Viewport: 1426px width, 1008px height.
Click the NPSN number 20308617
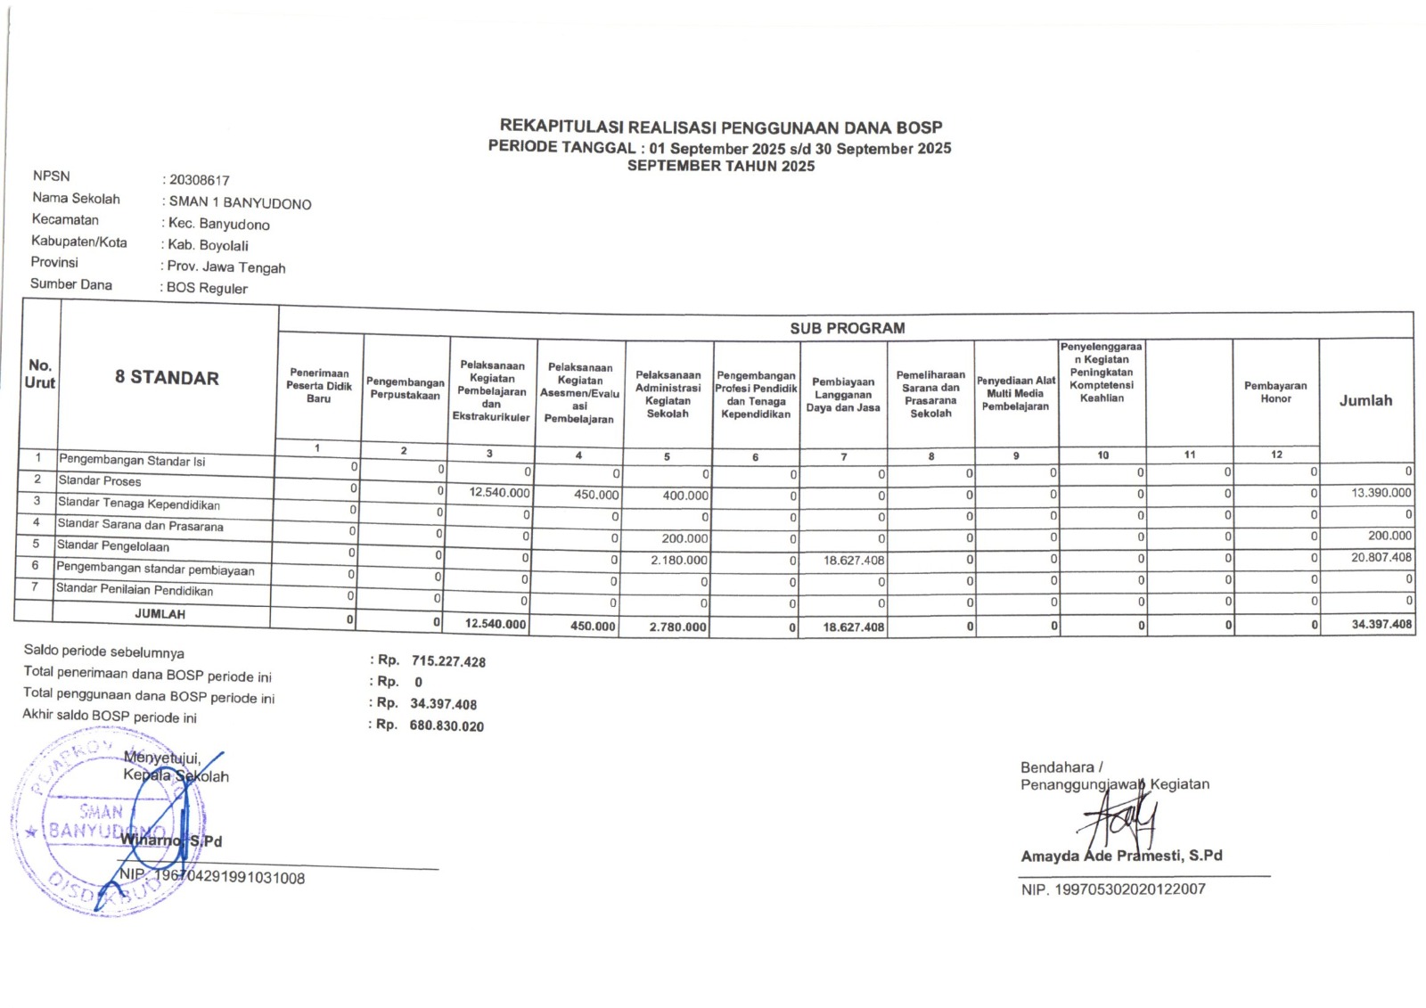coord(200,180)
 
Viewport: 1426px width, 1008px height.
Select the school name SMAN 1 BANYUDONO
coord(241,203)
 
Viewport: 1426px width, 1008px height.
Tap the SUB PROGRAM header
coord(847,328)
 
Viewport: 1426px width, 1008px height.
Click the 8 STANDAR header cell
coord(167,378)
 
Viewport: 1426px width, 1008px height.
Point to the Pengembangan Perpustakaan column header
coord(406,389)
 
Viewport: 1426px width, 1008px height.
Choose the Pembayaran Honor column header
coord(1275,392)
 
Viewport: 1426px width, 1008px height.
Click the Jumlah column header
coord(1365,401)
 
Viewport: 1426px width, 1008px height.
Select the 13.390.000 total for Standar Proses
coord(1381,493)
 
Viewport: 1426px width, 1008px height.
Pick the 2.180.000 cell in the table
coord(679,561)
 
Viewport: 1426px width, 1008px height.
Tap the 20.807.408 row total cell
coord(1381,558)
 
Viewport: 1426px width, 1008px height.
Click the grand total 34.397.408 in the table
coord(1381,624)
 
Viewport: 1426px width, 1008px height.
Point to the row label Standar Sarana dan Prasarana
coord(140,526)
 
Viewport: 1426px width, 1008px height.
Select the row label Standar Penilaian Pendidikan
coord(134,590)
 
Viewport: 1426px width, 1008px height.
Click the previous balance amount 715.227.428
coord(448,661)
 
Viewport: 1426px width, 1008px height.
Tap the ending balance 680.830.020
coord(447,726)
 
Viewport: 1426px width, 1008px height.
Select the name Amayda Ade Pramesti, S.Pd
coord(1121,856)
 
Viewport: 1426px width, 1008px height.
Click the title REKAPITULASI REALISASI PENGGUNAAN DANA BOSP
coord(720,127)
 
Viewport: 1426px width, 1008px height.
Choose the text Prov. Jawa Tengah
coord(226,267)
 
